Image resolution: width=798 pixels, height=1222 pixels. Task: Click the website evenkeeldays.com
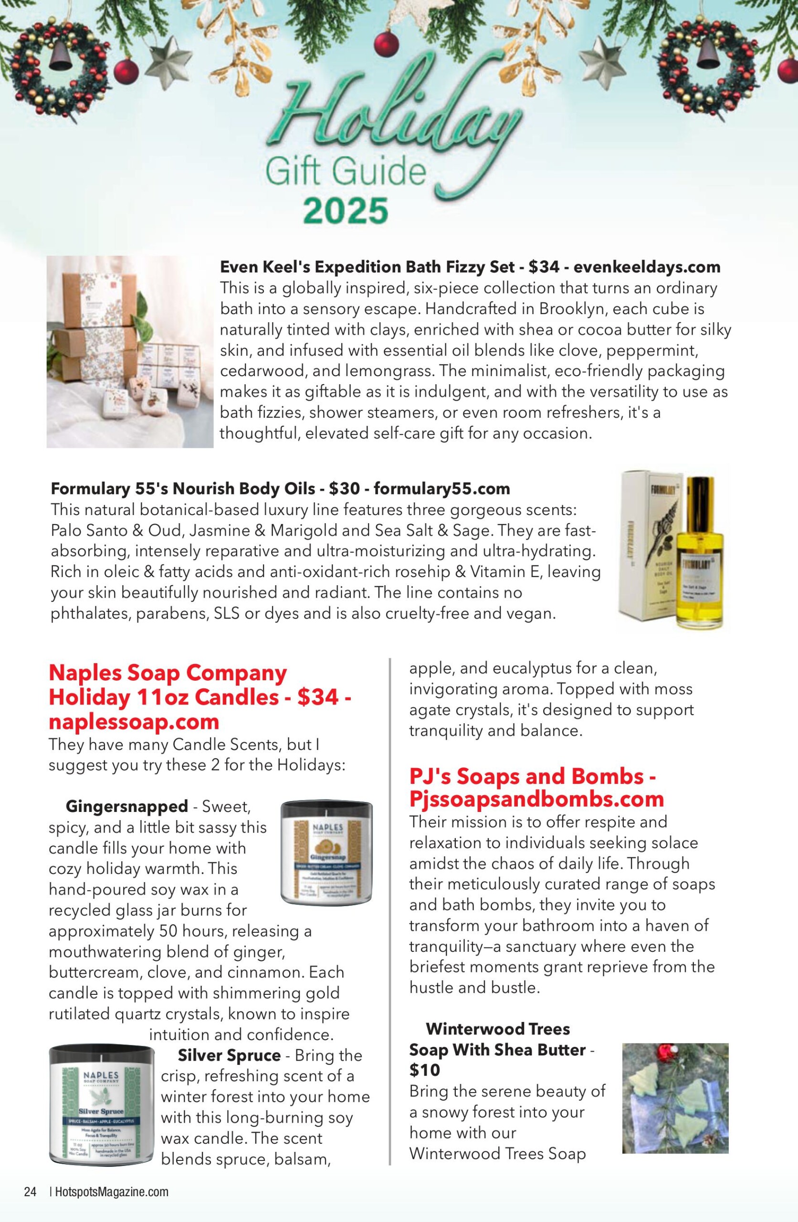click(647, 267)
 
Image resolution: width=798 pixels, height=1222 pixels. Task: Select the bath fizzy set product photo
click(130, 352)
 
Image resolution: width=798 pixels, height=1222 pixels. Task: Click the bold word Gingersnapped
click(127, 806)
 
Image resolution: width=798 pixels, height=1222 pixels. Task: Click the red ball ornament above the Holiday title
click(386, 42)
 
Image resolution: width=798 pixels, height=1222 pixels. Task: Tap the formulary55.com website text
click(441, 488)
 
